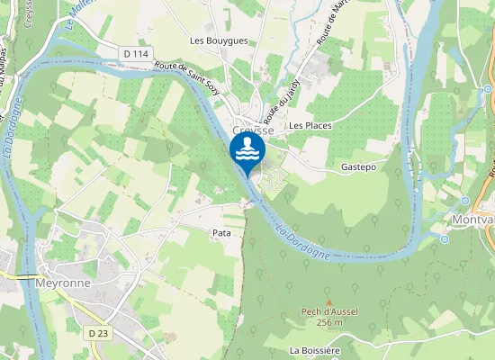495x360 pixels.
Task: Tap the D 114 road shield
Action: (x=136, y=54)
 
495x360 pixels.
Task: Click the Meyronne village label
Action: (x=62, y=283)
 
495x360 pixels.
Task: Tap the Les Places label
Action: (x=310, y=125)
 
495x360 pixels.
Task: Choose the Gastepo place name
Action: (x=357, y=167)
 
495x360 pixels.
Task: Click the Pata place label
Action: (x=221, y=233)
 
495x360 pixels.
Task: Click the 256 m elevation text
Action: (x=331, y=322)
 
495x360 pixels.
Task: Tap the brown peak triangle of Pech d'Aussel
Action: (x=328, y=302)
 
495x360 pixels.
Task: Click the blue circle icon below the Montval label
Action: (x=445, y=239)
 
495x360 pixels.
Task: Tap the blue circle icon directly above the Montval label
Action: (x=465, y=200)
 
